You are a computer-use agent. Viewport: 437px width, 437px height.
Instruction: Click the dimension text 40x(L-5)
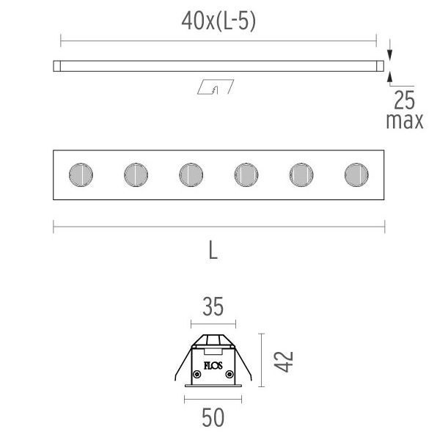[218, 21]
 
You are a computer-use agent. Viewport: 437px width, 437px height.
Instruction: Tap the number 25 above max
[405, 100]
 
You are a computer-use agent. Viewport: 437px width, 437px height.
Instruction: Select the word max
[405, 121]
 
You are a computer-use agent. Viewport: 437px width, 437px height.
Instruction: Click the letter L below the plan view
[213, 250]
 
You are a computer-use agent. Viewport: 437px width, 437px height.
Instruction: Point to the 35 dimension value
[213, 306]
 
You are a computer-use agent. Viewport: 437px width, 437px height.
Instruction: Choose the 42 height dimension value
[284, 361]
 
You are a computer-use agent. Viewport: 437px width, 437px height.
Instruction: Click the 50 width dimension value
[213, 417]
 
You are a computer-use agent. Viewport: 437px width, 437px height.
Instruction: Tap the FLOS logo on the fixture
[213, 365]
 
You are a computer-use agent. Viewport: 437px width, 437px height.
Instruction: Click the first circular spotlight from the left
[81, 175]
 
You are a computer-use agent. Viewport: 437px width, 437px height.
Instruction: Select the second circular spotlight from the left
[136, 175]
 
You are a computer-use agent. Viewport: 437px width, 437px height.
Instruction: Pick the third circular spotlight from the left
[191, 175]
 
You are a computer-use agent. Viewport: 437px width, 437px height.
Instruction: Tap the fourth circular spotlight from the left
[246, 175]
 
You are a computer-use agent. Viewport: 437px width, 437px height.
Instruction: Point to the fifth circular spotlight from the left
[301, 175]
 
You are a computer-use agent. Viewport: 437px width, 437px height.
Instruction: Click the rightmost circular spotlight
[356, 175]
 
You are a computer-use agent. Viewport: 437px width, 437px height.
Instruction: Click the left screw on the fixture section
[197, 374]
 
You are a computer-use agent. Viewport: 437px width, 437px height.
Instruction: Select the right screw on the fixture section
[229, 374]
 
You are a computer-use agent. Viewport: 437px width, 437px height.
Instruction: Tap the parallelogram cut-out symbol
[216, 87]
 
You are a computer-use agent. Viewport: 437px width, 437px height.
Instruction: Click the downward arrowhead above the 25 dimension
[390, 55]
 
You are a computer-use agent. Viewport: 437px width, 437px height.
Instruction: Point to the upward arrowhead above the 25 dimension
[390, 77]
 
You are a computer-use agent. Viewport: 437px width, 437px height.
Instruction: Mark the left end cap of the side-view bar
[57, 66]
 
